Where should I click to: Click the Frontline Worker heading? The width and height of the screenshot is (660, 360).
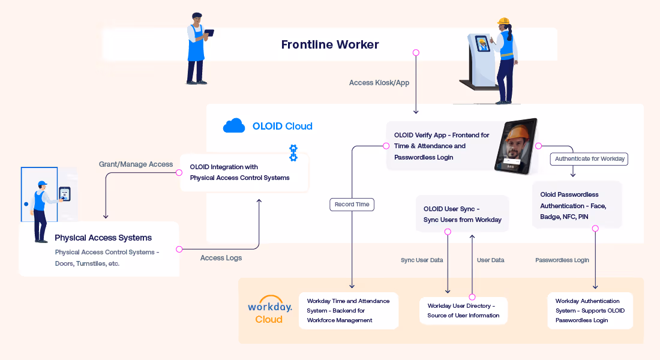(330, 44)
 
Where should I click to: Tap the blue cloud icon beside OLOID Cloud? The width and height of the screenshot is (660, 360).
(234, 125)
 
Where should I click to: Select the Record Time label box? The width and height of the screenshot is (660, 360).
(352, 205)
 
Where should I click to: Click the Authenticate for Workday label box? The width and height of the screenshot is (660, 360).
(589, 159)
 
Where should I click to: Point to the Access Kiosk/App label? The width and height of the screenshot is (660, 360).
(379, 83)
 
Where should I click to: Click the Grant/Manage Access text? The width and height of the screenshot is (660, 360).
(136, 164)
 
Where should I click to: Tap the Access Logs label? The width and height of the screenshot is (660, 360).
(221, 257)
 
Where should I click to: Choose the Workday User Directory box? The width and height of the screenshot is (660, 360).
(463, 311)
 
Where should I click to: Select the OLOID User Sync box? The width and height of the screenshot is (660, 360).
(462, 214)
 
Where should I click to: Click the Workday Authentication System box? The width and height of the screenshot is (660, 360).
(590, 311)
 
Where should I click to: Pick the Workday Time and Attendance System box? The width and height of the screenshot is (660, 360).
(349, 311)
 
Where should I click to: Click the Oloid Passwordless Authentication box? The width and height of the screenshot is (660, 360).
(577, 205)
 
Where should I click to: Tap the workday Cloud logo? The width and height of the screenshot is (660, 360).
(269, 310)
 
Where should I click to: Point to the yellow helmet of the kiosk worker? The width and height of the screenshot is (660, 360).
(503, 21)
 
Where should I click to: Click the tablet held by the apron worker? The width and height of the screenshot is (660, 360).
(209, 32)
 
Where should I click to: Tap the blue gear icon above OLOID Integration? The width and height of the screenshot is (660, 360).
(293, 153)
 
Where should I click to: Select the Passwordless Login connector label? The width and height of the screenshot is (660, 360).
(562, 260)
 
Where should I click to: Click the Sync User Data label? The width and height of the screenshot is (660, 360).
(422, 260)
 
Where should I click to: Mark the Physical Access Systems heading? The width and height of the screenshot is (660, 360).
(103, 238)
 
